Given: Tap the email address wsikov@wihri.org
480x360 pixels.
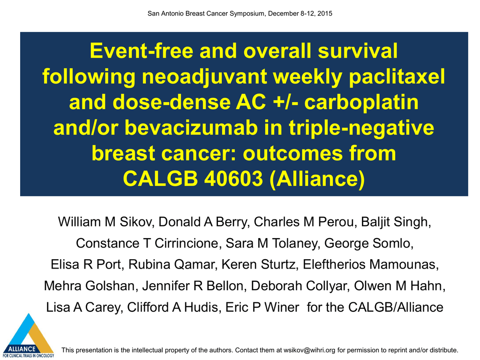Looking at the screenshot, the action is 309,350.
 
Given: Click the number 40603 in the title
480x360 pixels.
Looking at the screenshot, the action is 233,178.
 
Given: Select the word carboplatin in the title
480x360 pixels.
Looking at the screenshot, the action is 361,102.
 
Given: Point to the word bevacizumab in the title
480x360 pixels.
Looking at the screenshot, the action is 191,127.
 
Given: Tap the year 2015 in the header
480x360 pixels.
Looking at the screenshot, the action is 325,14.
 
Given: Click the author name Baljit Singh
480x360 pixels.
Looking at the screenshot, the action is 396,222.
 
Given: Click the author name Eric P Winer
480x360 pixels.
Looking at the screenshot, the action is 262,307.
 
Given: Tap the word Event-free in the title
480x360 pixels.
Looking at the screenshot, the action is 142,51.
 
